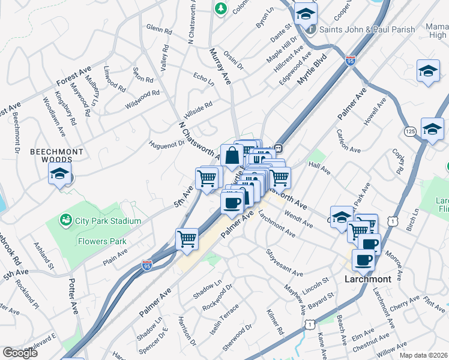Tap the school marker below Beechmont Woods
[x=59, y=175]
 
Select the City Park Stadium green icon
[x=66, y=221]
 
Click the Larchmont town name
[x=367, y=279]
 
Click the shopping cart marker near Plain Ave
[x=187, y=238]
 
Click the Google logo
[x=20, y=352]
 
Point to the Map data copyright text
[x=424, y=355]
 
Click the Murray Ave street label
[x=220, y=67]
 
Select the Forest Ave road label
[x=73, y=76]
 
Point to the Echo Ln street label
[x=203, y=79]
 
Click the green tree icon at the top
[x=221, y=8]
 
